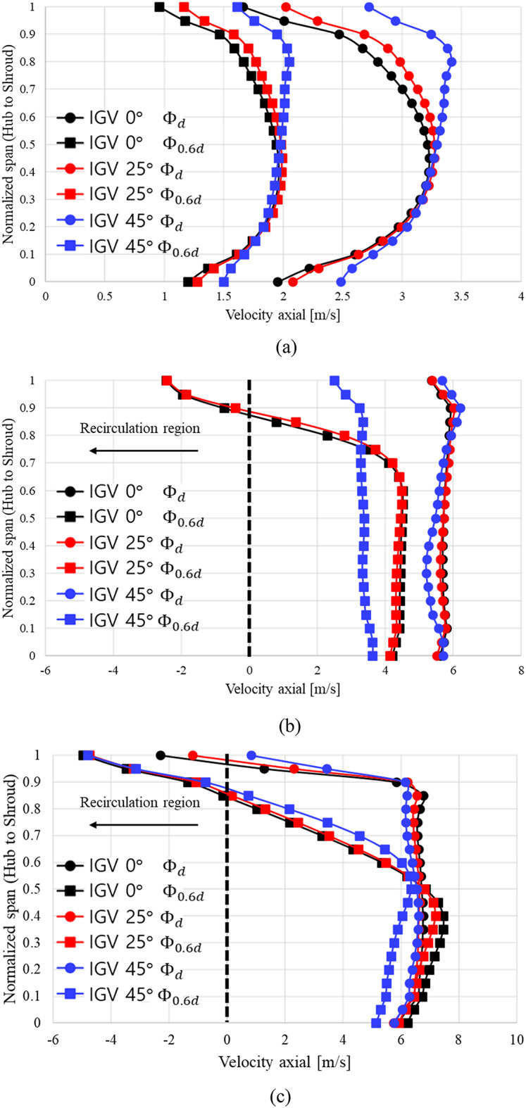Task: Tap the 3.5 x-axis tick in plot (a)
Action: pyautogui.click(x=461, y=297)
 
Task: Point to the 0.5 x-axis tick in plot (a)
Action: pyautogui.click(x=105, y=297)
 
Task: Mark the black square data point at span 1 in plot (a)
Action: pyautogui.click(x=159, y=7)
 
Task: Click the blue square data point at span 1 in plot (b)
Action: pyautogui.click(x=334, y=381)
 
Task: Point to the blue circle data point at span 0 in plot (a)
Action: pyautogui.click(x=341, y=282)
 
